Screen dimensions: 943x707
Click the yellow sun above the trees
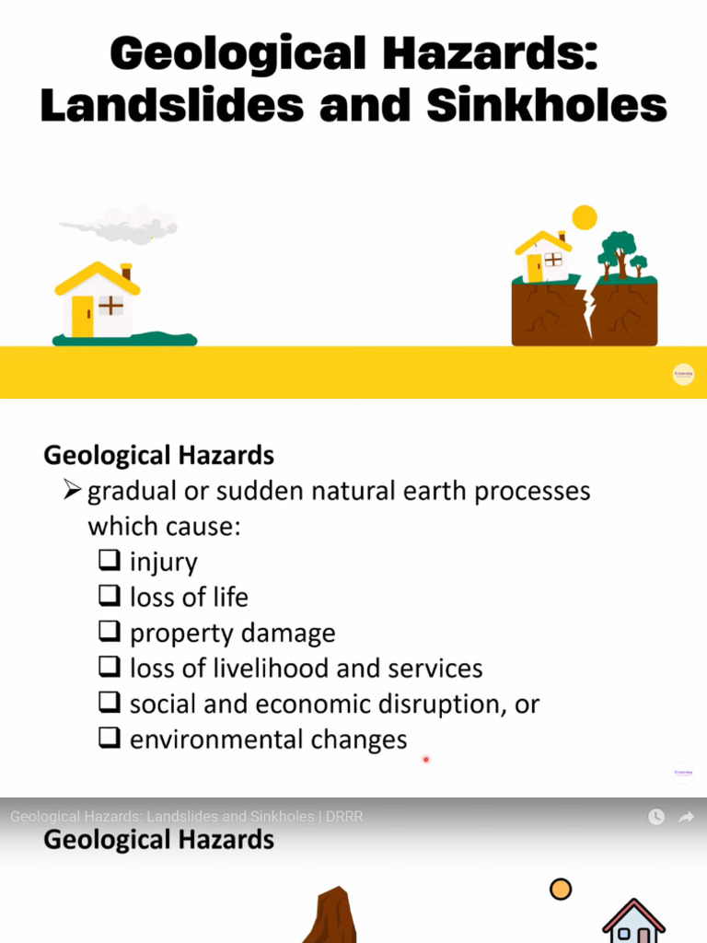point(584,217)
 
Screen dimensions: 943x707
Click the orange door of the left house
point(83,316)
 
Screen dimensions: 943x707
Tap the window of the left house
point(111,305)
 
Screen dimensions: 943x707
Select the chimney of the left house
point(126,272)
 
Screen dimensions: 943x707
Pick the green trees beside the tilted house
point(620,252)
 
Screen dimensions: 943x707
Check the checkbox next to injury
point(109,560)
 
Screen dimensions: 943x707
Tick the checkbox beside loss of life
point(109,596)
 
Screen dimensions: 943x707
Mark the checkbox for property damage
point(109,632)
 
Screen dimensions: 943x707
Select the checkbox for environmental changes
point(109,739)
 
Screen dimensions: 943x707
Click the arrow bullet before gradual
point(74,491)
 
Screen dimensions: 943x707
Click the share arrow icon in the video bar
point(686,817)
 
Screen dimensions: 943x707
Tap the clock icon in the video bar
point(656,817)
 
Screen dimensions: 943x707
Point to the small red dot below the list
point(426,760)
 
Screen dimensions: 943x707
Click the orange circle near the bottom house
point(560,889)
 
